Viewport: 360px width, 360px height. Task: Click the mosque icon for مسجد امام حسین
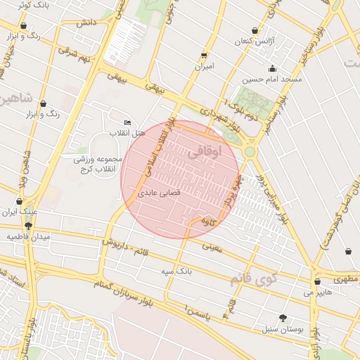[272, 68]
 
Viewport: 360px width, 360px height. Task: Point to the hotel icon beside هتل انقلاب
[127, 122]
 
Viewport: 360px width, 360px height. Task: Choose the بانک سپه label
[176, 270]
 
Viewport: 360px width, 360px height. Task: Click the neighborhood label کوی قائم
[252, 279]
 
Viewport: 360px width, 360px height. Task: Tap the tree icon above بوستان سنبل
[283, 317]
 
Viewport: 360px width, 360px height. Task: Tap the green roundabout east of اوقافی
[250, 150]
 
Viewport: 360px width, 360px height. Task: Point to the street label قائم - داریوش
[138, 247]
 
